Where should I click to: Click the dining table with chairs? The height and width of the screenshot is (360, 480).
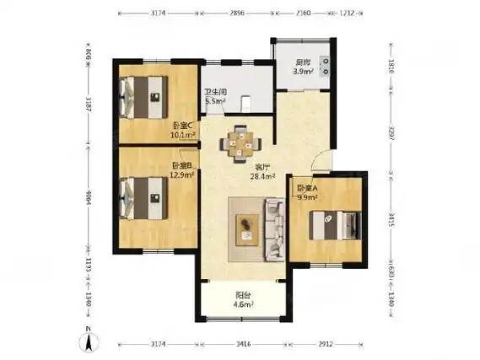click(x=240, y=144)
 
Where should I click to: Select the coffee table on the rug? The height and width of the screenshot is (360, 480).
click(x=247, y=225)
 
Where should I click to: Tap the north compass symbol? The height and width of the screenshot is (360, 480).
click(x=86, y=341)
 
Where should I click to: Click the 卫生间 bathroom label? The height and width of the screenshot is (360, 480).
click(x=214, y=96)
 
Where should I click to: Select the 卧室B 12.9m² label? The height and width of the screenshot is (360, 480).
click(x=184, y=170)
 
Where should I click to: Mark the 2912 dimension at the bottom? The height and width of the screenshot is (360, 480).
click(x=329, y=345)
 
